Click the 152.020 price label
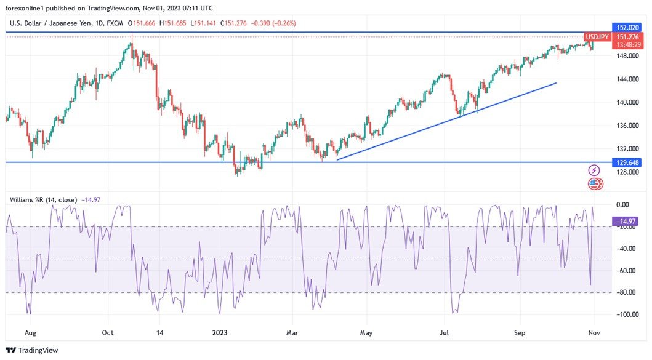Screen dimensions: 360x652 pos(627,28)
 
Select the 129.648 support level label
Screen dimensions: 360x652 pos(627,162)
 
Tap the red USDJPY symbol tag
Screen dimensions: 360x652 pos(597,37)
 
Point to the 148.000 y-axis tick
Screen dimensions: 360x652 pos(626,56)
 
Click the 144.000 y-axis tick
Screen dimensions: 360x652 pos(626,79)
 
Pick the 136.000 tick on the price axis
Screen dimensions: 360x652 pos(626,126)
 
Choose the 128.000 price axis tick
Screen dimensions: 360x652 pos(626,172)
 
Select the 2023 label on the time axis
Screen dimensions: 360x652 pos(220,333)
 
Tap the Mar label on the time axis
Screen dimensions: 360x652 pos(293,333)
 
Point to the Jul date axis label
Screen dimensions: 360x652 pos(443,333)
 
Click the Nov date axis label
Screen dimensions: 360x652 pos(594,333)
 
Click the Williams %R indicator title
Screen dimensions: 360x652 pos(43,199)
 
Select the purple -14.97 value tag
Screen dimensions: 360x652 pos(626,220)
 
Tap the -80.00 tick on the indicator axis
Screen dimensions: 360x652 pos(626,292)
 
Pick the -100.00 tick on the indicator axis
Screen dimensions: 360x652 pos(626,314)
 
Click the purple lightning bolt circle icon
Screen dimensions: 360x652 pos(594,170)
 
